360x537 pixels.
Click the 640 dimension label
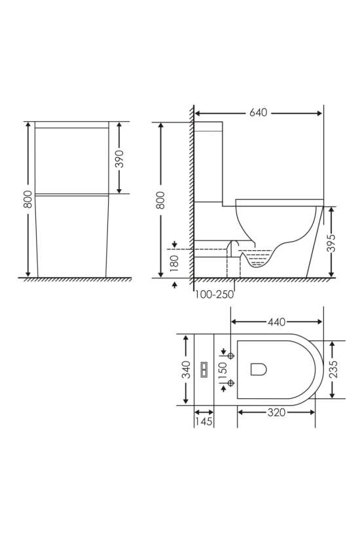pyautogui.click(x=258, y=113)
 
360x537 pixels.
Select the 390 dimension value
pyautogui.click(x=119, y=158)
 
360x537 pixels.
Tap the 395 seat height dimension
pyautogui.click(x=331, y=243)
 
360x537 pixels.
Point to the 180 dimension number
pyautogui.click(x=175, y=263)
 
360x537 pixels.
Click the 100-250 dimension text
pyautogui.click(x=215, y=294)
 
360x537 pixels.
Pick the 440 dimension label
pyautogui.click(x=276, y=322)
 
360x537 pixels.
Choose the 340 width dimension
pyautogui.click(x=186, y=369)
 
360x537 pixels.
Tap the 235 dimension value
pyautogui.click(x=333, y=369)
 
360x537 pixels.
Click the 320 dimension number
pyautogui.click(x=276, y=413)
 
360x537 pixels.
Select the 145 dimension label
pyautogui.click(x=204, y=421)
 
